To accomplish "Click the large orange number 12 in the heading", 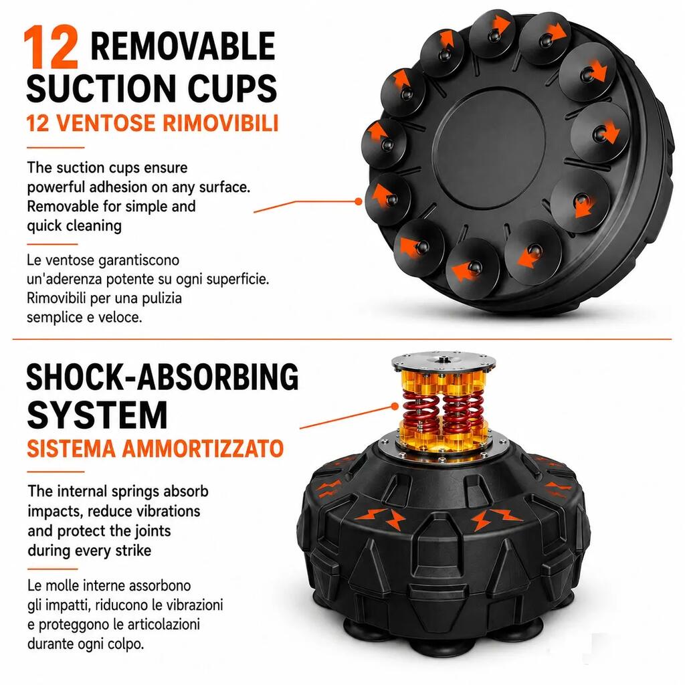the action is tap(51, 47).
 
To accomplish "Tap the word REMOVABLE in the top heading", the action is tap(183, 46).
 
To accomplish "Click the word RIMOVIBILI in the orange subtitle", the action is tap(221, 123).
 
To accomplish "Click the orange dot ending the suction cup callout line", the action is tap(359, 201).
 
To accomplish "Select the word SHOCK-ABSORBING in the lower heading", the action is tap(163, 377).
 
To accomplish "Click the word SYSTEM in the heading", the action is tap(97, 415).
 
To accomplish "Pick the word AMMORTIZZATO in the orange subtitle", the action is tap(203, 449).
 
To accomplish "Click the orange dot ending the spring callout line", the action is tap(395, 406).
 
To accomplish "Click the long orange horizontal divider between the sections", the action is tap(342, 338).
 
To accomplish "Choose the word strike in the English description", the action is tap(133, 550).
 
